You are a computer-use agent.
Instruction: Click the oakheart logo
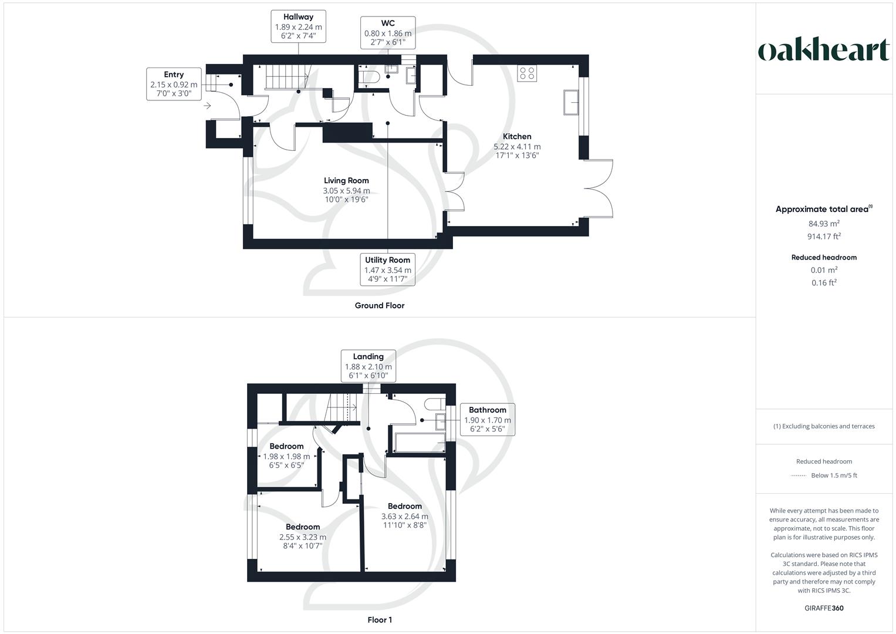pyautogui.click(x=824, y=50)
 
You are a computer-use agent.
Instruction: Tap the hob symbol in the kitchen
pyautogui.click(x=527, y=73)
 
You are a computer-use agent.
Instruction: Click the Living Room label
pyautogui.click(x=346, y=181)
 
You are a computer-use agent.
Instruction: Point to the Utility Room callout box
pyautogui.click(x=388, y=269)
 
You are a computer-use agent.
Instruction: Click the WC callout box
pyautogui.click(x=388, y=33)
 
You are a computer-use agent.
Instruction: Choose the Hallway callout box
pyautogui.click(x=298, y=26)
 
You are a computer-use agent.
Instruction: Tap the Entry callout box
pyautogui.click(x=174, y=84)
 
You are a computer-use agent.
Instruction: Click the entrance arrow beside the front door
pyautogui.click(x=207, y=106)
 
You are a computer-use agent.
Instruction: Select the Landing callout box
pyautogui.click(x=368, y=366)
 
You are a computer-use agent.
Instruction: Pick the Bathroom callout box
pyautogui.click(x=487, y=419)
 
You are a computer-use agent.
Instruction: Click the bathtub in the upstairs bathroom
pyautogui.click(x=419, y=443)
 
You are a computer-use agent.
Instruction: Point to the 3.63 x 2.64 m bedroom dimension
pyautogui.click(x=405, y=517)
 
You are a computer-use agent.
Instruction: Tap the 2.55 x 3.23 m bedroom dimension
pyautogui.click(x=303, y=537)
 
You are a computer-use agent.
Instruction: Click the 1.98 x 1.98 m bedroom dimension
pyautogui.click(x=287, y=456)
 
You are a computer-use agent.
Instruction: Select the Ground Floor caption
pyautogui.click(x=380, y=305)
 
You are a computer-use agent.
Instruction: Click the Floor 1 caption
pyautogui.click(x=380, y=620)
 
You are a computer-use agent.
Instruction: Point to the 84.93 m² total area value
pyautogui.click(x=824, y=224)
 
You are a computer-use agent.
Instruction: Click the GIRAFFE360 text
pyautogui.click(x=824, y=608)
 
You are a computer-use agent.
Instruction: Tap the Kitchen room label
pyautogui.click(x=517, y=136)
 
